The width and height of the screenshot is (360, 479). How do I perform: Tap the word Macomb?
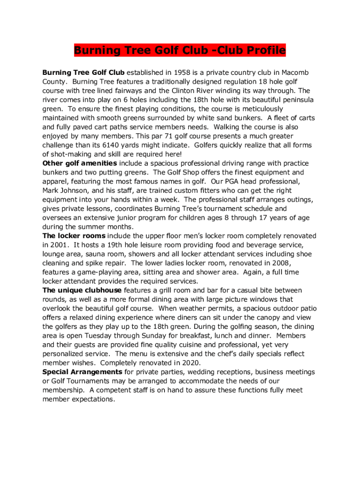coord(295,73)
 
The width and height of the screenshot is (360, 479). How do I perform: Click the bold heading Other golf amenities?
coord(80,163)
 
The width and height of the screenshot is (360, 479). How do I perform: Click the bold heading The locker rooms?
coord(74,236)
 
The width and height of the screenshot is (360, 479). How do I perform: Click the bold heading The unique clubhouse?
coord(82,290)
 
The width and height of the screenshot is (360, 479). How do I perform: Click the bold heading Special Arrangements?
coord(82,372)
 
